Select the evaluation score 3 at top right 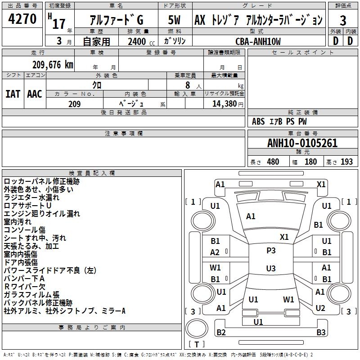tap(343, 21)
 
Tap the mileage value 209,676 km tap(53, 64)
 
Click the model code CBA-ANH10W tap(258, 41)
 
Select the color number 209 tap(74, 104)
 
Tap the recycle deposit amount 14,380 tap(224, 104)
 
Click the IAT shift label tap(13, 94)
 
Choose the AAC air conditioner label tap(35, 94)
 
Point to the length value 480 tap(273, 162)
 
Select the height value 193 tap(346, 162)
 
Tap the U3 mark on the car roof tap(271, 269)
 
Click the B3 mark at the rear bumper tap(321, 333)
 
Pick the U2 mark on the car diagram tap(320, 308)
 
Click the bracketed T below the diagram tap(197, 344)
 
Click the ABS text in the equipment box tap(258, 121)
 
